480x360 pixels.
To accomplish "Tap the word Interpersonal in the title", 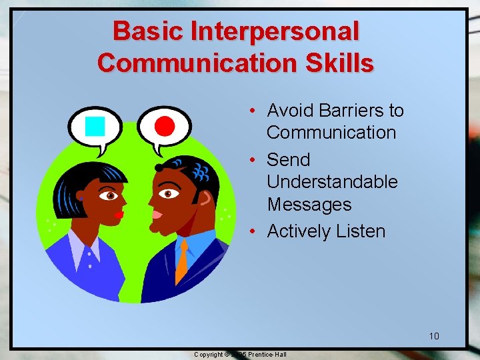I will point(275,31).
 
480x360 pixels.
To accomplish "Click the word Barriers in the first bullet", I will point(341,110).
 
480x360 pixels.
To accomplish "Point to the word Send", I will point(288,160).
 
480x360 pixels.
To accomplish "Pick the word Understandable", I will point(332,182).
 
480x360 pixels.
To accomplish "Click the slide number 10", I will point(434,335).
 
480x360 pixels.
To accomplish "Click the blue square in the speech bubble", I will point(96,125).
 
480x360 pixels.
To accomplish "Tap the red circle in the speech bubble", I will point(164,125).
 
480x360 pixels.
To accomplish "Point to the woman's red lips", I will point(119,215).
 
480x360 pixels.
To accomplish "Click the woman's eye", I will point(110,196).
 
